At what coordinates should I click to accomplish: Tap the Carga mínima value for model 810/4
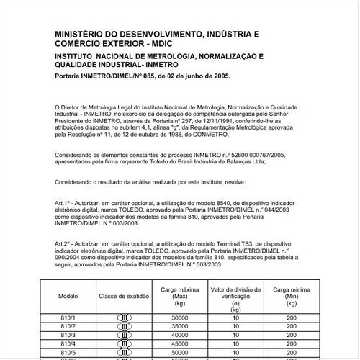pos(291,344)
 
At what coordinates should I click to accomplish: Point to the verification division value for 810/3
pos(235,335)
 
